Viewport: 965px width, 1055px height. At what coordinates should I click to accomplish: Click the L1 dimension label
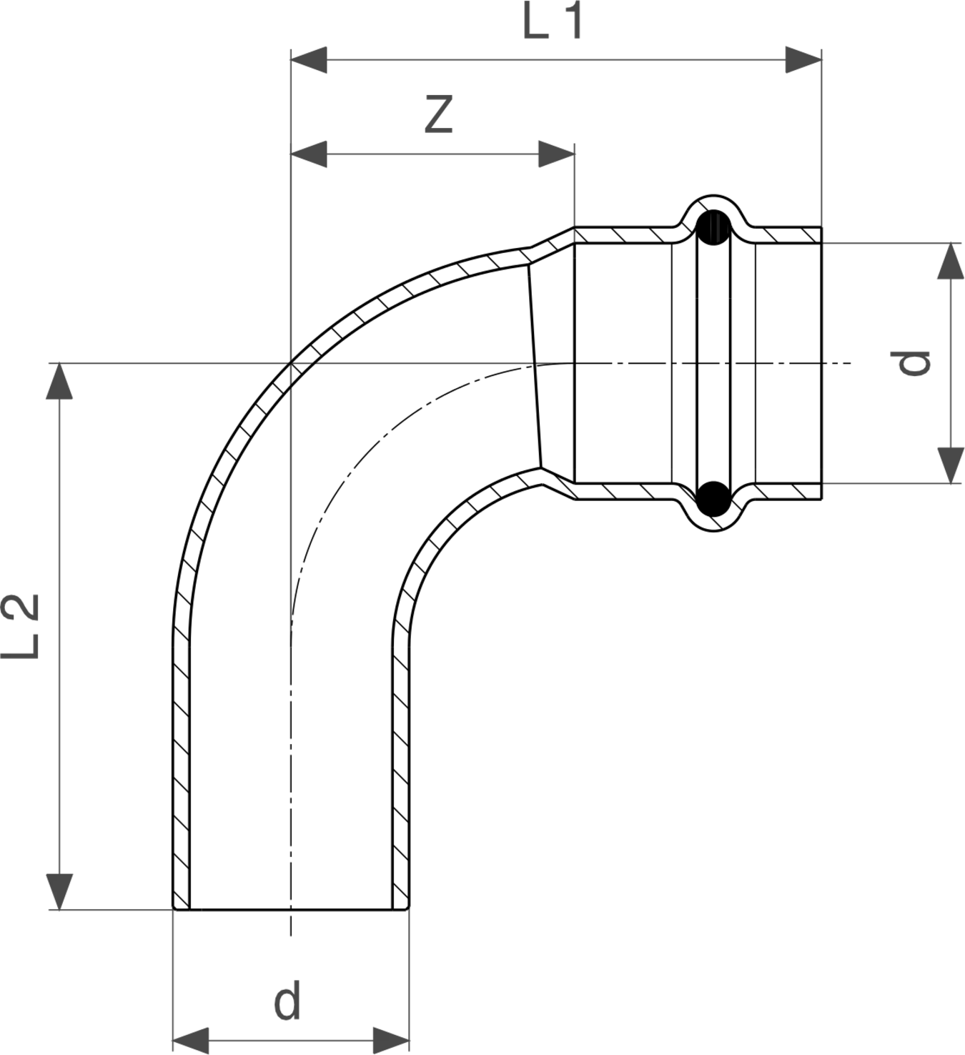point(553,20)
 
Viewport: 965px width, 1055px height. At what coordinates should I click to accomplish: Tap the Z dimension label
point(438,114)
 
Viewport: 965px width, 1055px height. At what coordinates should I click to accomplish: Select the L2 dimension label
point(20,626)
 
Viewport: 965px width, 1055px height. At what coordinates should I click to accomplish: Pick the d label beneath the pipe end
point(287,999)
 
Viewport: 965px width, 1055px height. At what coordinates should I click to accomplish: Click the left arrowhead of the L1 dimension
point(309,59)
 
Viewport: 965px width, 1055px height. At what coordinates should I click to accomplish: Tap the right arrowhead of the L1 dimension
point(803,59)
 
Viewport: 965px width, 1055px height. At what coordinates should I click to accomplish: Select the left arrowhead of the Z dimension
point(309,154)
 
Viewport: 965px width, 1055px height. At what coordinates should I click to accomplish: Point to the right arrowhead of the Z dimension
point(557,154)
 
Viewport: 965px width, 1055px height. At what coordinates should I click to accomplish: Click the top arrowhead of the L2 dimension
point(59,381)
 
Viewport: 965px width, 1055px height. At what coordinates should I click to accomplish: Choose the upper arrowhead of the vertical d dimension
point(951,260)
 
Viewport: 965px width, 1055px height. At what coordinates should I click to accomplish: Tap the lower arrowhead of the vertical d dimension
point(951,465)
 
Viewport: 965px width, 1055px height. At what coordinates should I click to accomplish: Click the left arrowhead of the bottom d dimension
point(191,1040)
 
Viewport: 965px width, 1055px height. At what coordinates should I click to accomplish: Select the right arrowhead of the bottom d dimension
point(392,1040)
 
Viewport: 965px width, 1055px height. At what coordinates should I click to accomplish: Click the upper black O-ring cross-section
point(713,228)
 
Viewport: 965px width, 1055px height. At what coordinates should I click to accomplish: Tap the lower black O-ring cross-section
point(713,498)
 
